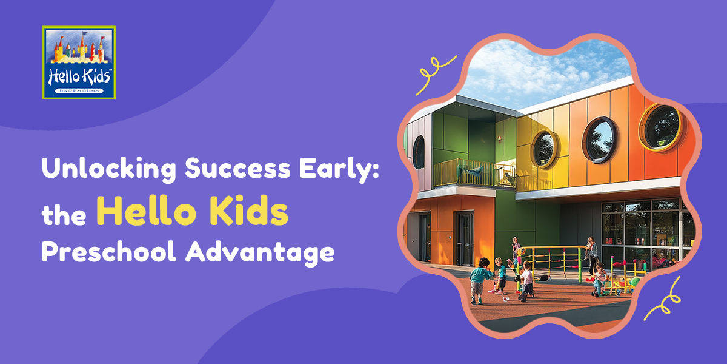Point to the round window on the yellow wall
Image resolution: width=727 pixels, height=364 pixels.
pyautogui.click(x=545, y=147)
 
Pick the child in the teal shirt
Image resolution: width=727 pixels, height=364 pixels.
pyautogui.click(x=480, y=279)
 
